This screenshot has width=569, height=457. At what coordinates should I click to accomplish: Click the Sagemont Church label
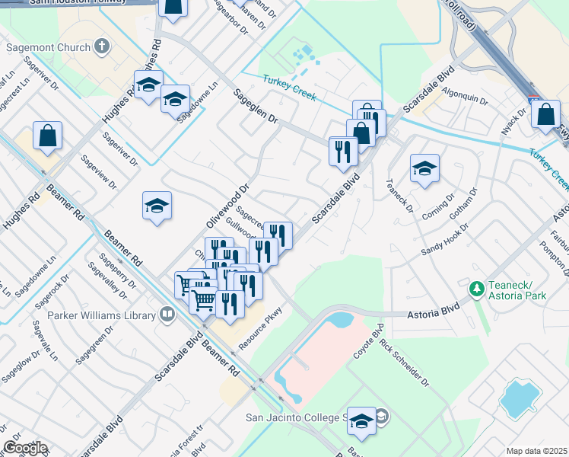click(x=47, y=47)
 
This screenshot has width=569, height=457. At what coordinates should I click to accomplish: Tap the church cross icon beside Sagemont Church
click(x=102, y=46)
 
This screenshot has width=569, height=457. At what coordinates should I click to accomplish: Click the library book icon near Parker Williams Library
click(x=167, y=314)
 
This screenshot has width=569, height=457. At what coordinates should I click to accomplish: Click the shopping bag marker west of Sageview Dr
click(x=47, y=137)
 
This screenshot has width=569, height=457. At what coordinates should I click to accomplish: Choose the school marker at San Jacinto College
click(x=361, y=421)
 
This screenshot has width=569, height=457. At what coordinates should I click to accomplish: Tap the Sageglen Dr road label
click(x=256, y=110)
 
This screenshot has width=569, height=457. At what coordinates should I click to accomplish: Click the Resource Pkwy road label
click(x=261, y=328)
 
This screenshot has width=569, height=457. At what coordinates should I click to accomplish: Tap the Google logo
click(x=24, y=448)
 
